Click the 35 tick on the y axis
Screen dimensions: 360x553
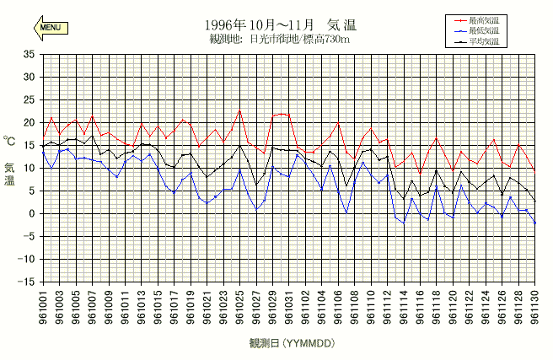click(29, 54)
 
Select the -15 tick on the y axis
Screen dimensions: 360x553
click(27, 282)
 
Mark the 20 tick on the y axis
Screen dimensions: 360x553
click(29, 122)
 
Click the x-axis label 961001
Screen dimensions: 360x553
click(43, 306)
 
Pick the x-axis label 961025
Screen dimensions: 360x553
click(239, 306)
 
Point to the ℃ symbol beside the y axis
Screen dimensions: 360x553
click(9, 142)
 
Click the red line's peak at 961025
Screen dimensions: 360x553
click(239, 110)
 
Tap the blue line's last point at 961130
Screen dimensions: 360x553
click(534, 223)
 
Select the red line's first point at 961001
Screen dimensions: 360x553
click(43, 137)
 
